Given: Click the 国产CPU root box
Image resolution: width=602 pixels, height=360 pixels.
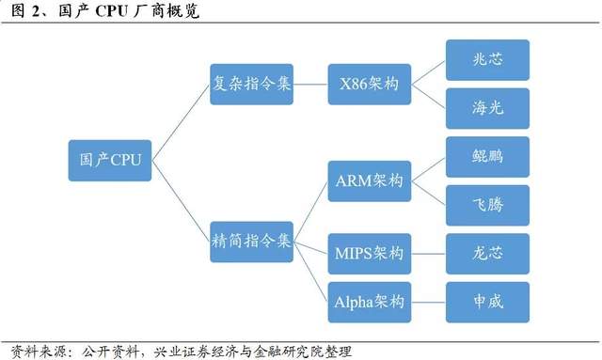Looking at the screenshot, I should point(104,161).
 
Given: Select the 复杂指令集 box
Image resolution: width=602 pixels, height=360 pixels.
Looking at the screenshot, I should point(252,86).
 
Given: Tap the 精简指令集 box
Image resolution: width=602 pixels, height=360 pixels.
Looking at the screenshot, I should point(252,241).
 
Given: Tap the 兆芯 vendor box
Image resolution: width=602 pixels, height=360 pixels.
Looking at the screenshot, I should point(487,60).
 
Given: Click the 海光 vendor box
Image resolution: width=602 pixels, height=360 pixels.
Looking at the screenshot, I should point(487,110).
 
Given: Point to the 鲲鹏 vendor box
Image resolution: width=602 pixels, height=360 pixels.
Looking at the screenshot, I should point(487,156).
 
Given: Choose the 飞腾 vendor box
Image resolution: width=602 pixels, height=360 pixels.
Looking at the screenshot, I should point(487,205).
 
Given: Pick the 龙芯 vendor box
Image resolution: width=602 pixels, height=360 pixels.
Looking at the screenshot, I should point(487,255).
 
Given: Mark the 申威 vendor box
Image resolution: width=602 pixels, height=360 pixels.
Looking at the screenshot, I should point(487,302).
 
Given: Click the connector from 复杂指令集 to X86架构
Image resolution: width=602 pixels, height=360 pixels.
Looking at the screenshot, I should point(310,86).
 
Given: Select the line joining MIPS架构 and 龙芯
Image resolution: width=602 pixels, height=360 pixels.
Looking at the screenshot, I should point(428,255).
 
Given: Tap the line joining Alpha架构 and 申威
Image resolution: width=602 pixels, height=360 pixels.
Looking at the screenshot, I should point(428,302).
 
